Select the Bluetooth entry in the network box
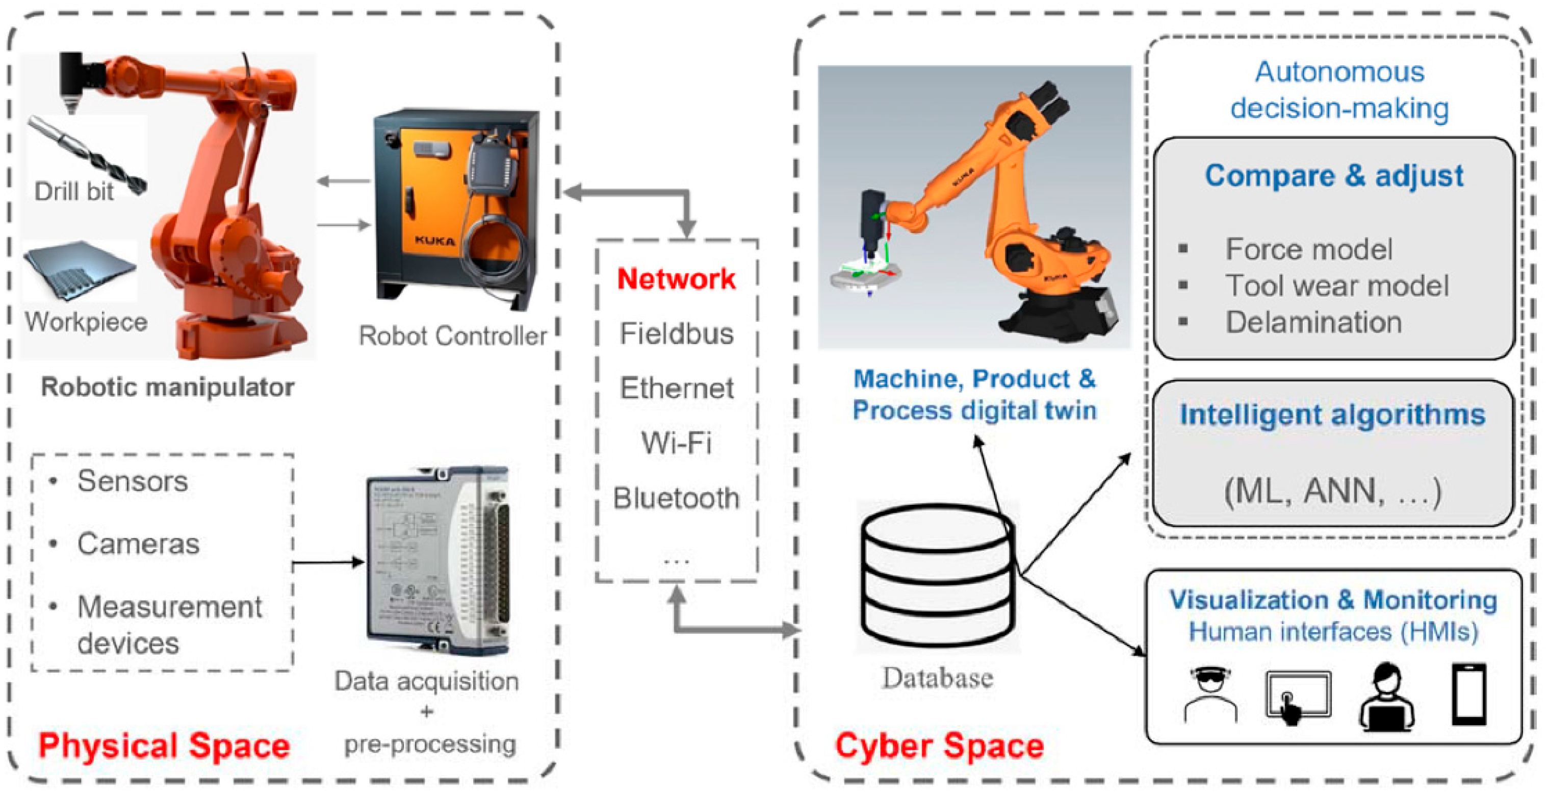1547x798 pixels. click(676, 498)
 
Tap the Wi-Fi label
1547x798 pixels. click(676, 443)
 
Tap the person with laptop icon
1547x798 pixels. click(1386, 697)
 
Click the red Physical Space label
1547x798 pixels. click(164, 746)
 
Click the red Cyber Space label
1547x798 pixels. click(939, 746)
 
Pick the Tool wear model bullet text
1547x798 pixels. click(1337, 286)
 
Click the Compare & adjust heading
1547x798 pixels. click(1334, 176)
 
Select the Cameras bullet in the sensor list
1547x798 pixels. click(138, 544)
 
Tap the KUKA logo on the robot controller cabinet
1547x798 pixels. click(434, 241)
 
